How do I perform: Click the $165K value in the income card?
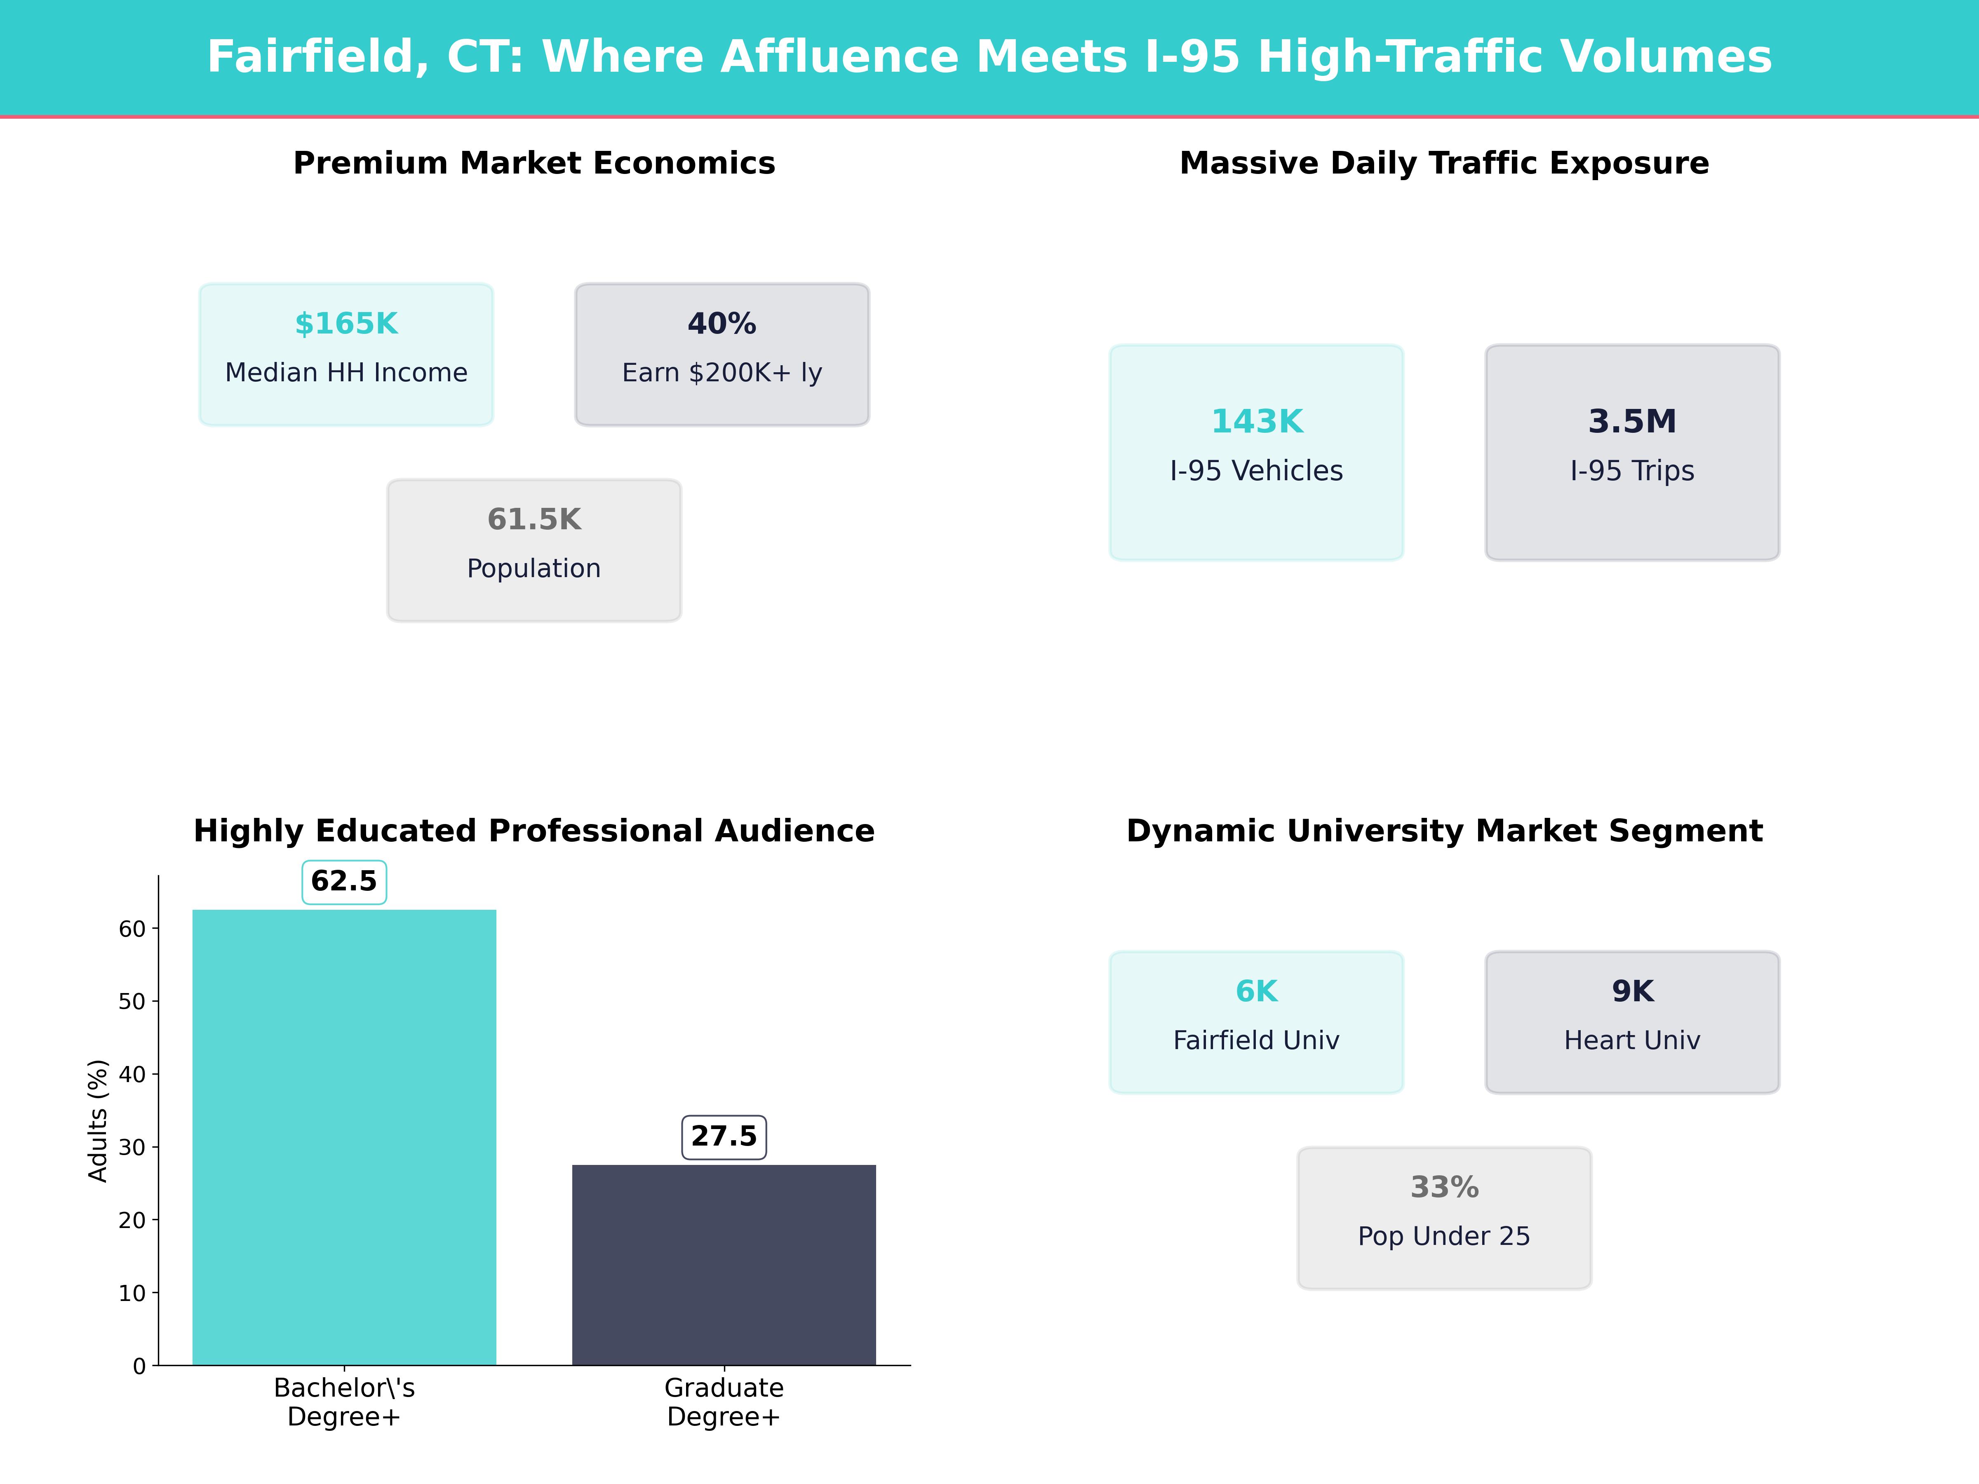pos(346,324)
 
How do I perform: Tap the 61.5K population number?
pos(534,520)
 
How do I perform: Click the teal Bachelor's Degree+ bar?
pos(344,1136)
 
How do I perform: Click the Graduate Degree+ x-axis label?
pos(724,1402)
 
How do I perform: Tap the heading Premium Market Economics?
pos(534,164)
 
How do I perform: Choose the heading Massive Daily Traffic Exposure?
pos(1444,164)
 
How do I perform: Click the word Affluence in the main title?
pos(839,57)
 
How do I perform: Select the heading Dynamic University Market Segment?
pos(1444,831)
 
